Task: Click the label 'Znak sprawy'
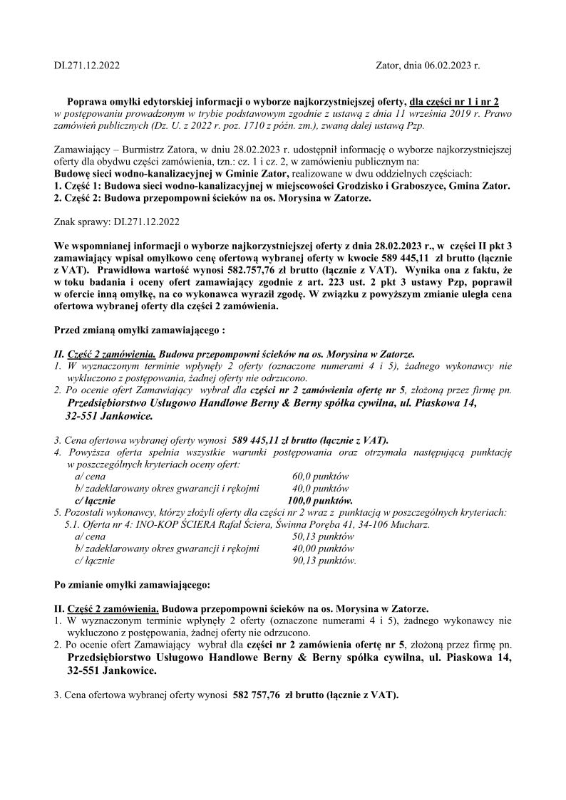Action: pyautogui.click(x=81, y=222)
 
